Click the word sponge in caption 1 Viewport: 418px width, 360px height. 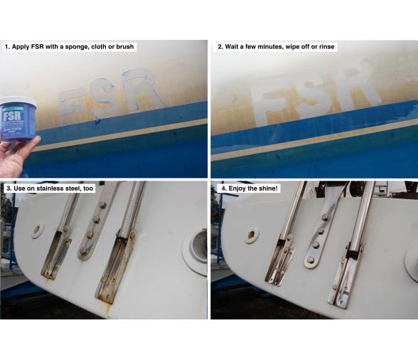(x=77, y=47)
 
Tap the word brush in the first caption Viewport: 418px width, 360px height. (x=125, y=46)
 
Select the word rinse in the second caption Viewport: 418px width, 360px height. (x=326, y=47)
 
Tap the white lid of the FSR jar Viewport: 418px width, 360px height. (x=18, y=101)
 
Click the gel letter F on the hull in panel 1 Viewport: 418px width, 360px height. (x=70, y=105)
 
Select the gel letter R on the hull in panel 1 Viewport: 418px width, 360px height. (x=141, y=90)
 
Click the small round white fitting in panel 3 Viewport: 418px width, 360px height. (x=37, y=230)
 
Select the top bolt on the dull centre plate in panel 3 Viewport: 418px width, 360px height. (x=102, y=206)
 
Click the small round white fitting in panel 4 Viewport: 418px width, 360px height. (x=252, y=235)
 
